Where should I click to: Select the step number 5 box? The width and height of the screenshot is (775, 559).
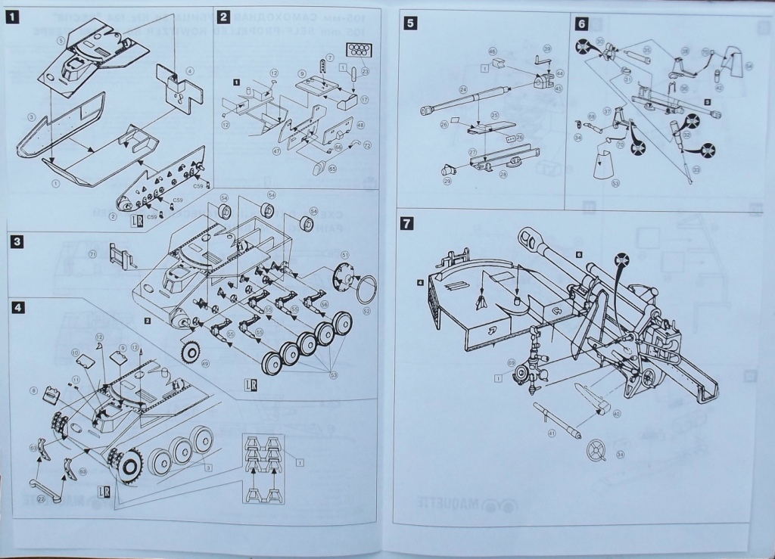409,22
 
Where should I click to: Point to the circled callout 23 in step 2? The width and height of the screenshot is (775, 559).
365,73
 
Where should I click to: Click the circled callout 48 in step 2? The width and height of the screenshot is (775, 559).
360,125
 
